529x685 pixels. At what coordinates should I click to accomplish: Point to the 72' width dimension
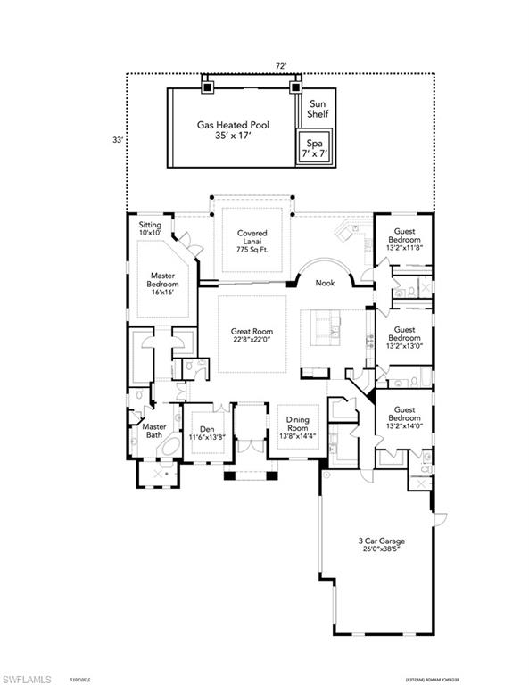pyautogui.click(x=282, y=66)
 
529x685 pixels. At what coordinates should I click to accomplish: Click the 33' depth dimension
pyautogui.click(x=116, y=140)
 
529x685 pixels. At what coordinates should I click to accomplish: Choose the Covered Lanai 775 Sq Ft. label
pyautogui.click(x=252, y=242)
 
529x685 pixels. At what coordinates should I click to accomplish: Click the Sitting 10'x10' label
pyautogui.click(x=151, y=230)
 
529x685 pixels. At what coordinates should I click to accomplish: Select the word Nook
pyautogui.click(x=326, y=284)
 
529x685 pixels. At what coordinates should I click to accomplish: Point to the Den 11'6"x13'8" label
pyautogui.click(x=207, y=433)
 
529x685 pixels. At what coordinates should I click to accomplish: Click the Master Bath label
pyautogui.click(x=153, y=431)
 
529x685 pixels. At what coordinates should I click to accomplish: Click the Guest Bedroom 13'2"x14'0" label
pyautogui.click(x=403, y=420)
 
